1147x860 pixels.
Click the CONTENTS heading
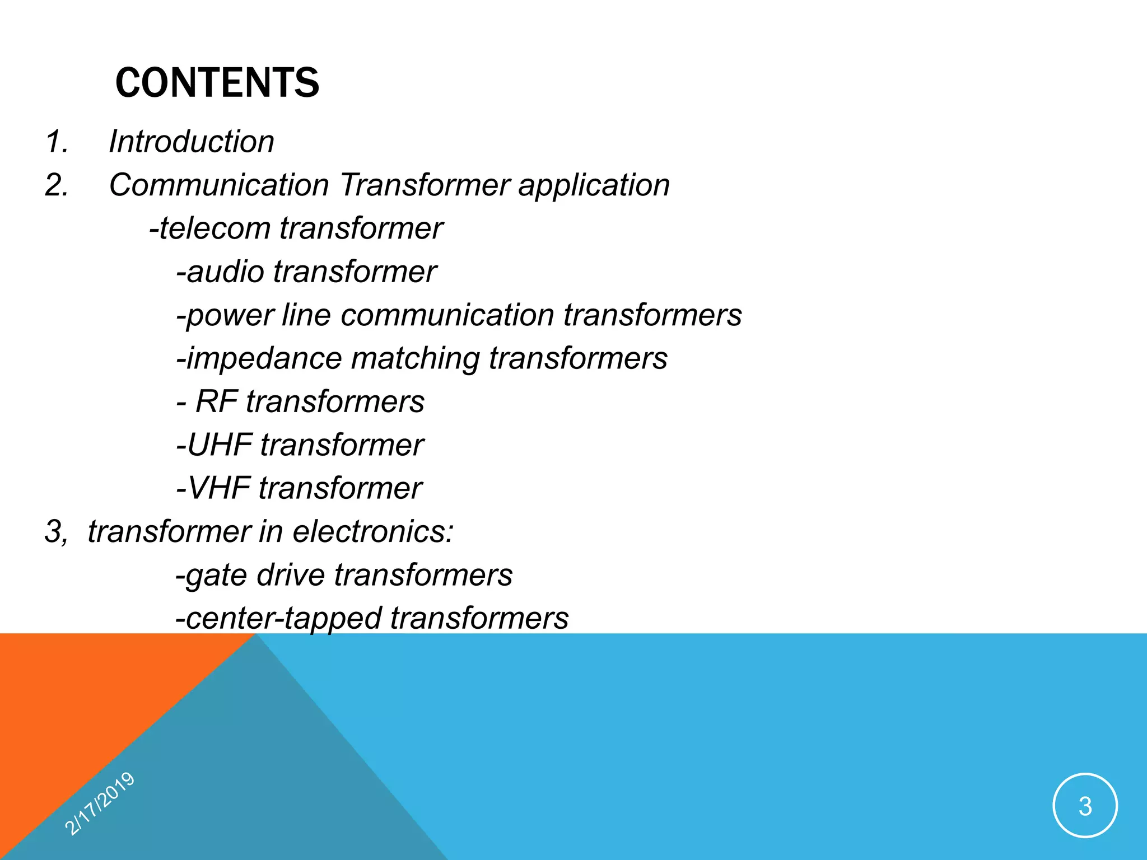(217, 83)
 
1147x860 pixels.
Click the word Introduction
(192, 141)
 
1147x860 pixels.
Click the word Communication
(219, 185)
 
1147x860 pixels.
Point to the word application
(594, 186)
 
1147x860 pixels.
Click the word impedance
(263, 359)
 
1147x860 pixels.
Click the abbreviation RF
(216, 401)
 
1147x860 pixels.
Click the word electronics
(372, 531)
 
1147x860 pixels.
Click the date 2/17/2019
(100, 803)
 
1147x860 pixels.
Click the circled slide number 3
(1085, 806)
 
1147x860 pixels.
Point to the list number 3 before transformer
(55, 531)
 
